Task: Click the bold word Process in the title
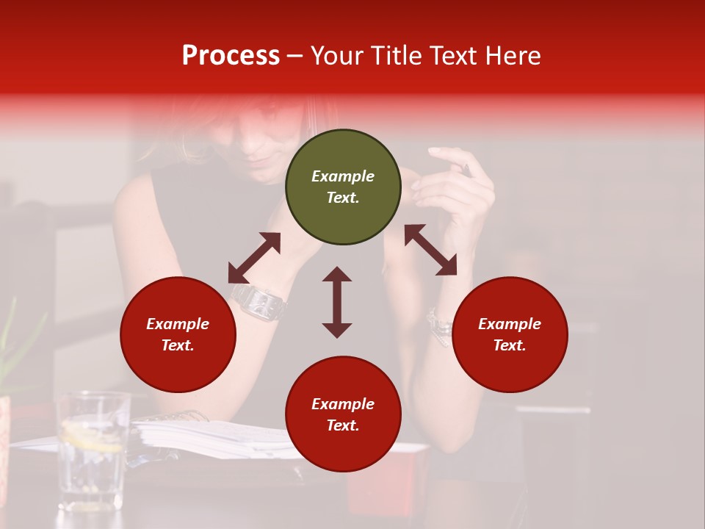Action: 231,56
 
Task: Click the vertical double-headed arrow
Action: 337,302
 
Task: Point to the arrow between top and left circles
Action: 254,257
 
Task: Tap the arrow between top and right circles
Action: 430,250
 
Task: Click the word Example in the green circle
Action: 343,176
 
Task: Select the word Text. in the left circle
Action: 178,345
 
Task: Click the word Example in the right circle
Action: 510,324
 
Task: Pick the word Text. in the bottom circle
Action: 343,425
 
